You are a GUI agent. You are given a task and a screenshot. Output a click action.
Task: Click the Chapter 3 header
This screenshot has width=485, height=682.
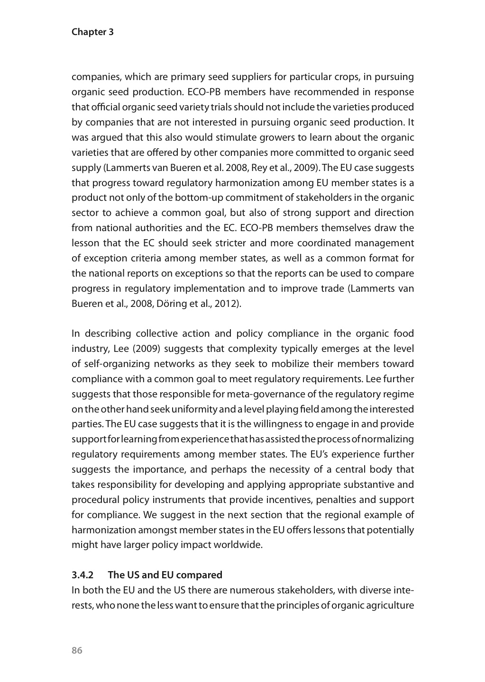(x=92, y=32)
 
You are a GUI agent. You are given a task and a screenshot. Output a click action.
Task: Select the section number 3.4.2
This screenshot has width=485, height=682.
(x=83, y=575)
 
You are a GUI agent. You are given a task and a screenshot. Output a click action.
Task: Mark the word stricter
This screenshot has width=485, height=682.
(x=245, y=243)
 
